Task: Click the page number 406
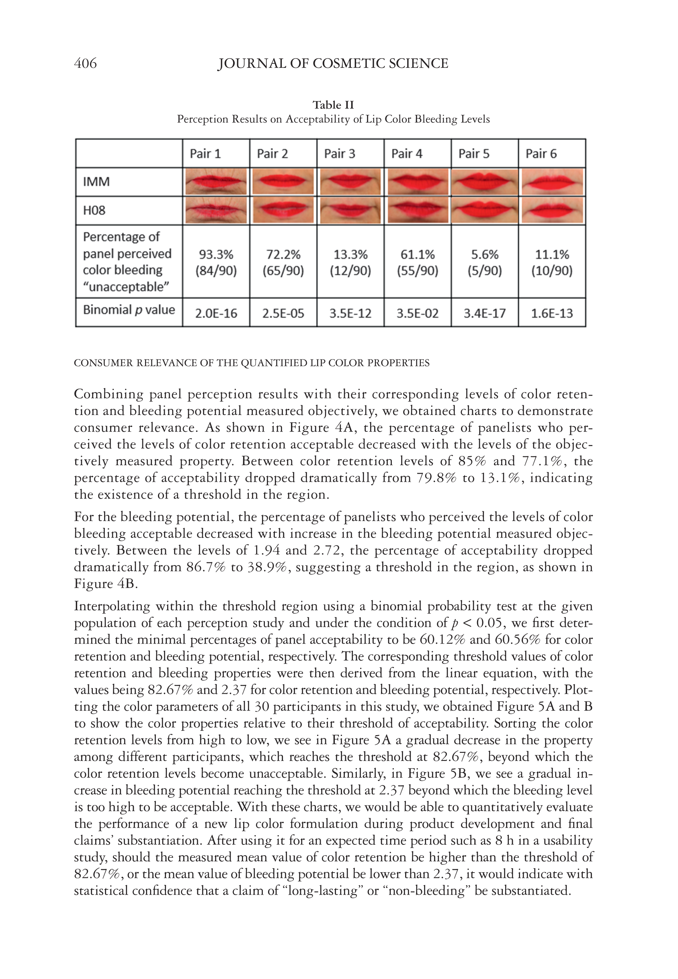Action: point(85,63)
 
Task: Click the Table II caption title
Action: point(333,105)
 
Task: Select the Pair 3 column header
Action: point(340,154)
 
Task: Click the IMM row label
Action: point(96,182)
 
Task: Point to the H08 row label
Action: point(94,210)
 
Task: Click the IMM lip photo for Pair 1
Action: point(216,182)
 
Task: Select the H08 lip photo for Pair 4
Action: point(418,210)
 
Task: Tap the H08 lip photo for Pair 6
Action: point(552,210)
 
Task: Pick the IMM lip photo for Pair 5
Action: point(485,182)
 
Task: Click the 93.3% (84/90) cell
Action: point(216,262)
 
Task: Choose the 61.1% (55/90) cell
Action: point(418,262)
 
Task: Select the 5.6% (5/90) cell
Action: point(485,262)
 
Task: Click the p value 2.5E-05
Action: point(283,313)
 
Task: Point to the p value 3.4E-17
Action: point(485,313)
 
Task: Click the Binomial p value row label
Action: point(129,310)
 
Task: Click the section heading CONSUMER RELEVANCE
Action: point(252,363)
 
